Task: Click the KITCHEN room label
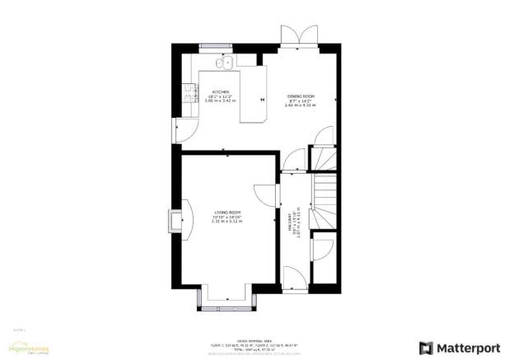[221, 91]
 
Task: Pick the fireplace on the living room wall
[175, 220]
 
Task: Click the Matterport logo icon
[426, 348]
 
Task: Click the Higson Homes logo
[29, 349]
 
